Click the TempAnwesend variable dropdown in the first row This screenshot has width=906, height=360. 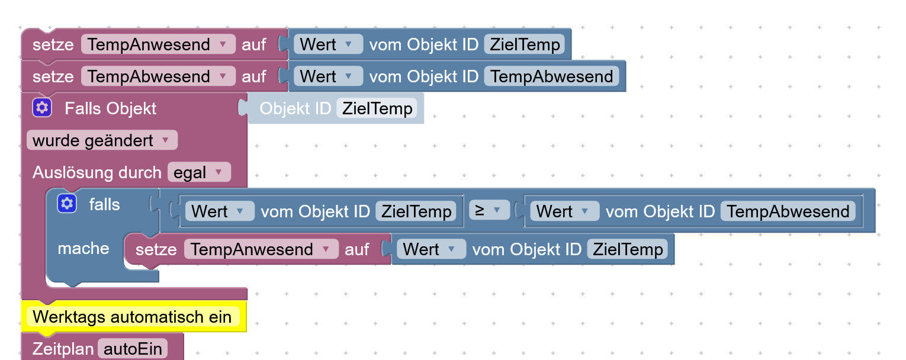[x=158, y=44]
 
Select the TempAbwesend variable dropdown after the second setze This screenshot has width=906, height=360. [x=158, y=76]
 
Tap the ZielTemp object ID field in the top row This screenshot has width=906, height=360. [x=525, y=44]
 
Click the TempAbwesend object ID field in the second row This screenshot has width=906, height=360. [x=551, y=76]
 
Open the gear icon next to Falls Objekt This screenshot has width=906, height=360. [x=41, y=108]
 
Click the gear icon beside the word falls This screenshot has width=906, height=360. [x=66, y=204]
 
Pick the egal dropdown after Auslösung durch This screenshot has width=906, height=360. [x=198, y=172]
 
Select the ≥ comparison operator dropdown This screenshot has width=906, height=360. [x=489, y=210]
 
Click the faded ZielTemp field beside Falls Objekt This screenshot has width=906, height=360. [x=377, y=108]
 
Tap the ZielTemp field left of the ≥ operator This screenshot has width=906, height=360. [x=416, y=211]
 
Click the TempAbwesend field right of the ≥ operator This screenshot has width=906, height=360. [x=788, y=211]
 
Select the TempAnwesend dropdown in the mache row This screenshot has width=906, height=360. [x=261, y=249]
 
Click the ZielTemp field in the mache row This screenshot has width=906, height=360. [x=628, y=249]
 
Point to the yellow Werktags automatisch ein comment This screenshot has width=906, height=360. [x=133, y=317]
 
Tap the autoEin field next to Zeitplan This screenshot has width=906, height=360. [x=133, y=349]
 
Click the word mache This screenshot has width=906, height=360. [x=83, y=248]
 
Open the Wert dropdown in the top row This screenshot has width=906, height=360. [x=327, y=44]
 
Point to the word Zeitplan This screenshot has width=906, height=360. [x=63, y=349]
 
